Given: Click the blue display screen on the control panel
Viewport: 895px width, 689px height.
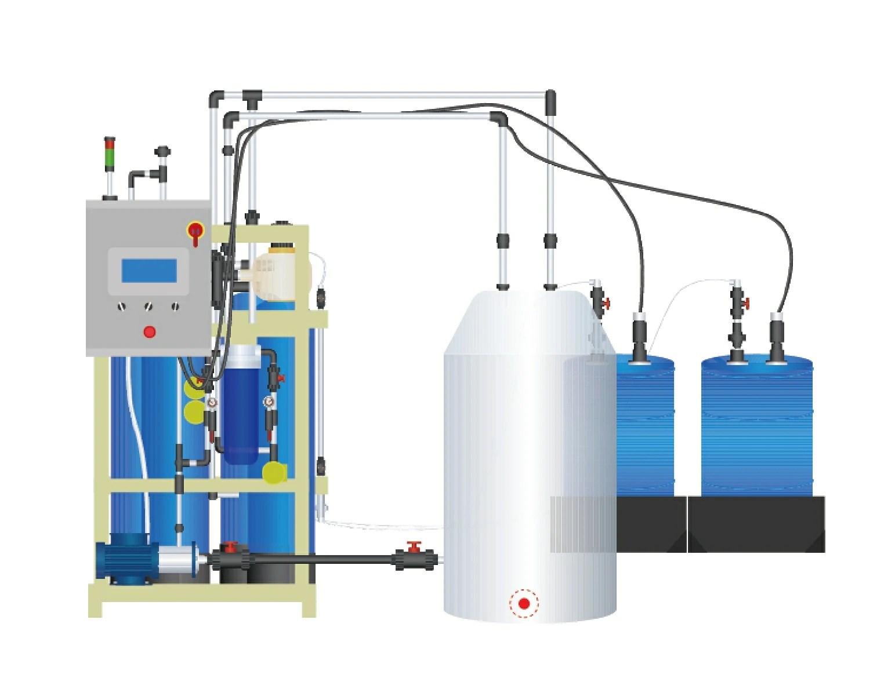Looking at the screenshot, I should tap(149, 271).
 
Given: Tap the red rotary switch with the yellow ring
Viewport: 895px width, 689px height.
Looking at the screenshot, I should tap(195, 231).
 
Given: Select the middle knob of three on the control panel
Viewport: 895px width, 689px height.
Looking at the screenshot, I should tap(149, 306).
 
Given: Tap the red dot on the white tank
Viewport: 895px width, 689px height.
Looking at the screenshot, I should tap(524, 604).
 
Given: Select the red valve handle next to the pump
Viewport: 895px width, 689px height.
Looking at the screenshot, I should tap(231, 546).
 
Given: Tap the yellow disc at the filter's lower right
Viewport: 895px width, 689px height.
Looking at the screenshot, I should tap(274, 472).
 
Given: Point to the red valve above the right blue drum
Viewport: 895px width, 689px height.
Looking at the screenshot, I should tap(746, 302).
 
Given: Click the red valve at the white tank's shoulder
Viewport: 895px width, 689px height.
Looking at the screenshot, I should tap(606, 304).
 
